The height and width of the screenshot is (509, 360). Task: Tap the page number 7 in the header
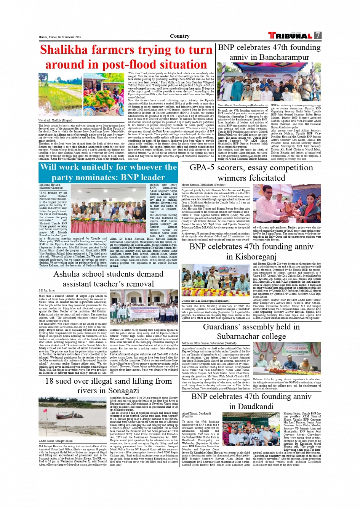click(x=318, y=35)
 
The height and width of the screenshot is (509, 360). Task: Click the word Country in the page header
click(x=180, y=36)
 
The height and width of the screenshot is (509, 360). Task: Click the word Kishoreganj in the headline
click(x=251, y=257)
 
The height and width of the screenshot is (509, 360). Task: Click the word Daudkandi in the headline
click(x=251, y=407)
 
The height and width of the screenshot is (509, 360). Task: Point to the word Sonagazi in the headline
click(x=118, y=391)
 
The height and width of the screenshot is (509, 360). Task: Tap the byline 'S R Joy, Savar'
click(x=46, y=291)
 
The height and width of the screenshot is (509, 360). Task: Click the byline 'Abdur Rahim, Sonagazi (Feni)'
click(x=56, y=441)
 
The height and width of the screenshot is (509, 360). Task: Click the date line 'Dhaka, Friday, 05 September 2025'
click(x=60, y=37)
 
